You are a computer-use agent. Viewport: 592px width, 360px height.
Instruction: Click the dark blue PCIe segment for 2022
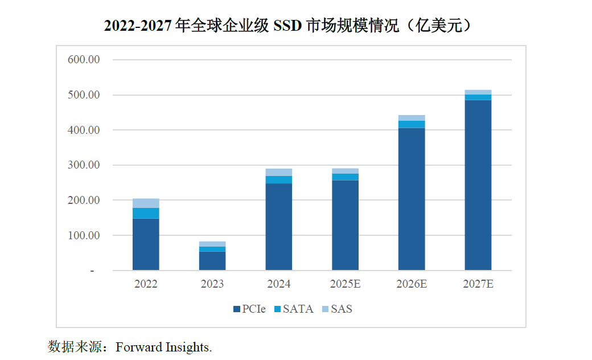pos(146,244)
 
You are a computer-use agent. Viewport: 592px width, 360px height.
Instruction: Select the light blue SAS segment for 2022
pos(146,203)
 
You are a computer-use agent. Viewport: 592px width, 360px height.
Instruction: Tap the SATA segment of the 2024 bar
pos(278,179)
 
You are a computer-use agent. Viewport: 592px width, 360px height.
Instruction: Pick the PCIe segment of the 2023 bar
pos(212,260)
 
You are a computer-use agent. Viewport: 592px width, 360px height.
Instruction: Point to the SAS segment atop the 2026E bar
pos(412,118)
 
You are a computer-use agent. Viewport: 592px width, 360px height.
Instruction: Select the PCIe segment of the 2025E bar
pos(345,224)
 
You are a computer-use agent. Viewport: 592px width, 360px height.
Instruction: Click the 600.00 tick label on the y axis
pos(83,60)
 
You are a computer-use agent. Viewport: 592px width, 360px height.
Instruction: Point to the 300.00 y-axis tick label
pos(83,165)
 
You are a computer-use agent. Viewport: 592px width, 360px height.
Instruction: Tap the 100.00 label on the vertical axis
pos(83,235)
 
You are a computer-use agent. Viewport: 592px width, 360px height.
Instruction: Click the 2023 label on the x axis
pos(212,284)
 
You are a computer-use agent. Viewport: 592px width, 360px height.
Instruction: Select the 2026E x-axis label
pos(412,284)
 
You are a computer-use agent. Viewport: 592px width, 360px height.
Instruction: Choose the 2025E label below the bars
pos(345,284)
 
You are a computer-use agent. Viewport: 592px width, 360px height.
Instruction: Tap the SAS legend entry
pos(337,309)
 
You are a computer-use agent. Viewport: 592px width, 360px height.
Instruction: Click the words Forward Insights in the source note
pos(163,347)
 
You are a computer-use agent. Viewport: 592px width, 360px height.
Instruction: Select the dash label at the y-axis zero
pos(92,271)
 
